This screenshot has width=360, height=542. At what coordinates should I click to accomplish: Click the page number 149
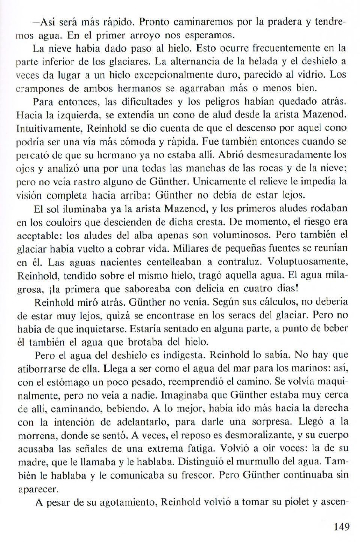click(x=341, y=527)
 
